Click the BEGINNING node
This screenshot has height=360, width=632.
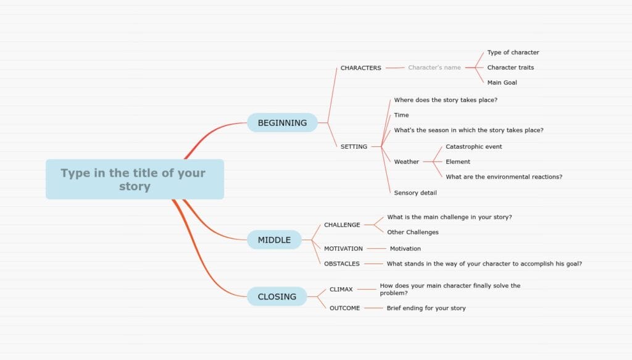coord(282,122)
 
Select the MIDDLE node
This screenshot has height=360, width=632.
coord(274,240)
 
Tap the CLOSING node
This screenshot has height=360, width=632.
coord(277,297)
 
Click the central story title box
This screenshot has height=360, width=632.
coord(135,180)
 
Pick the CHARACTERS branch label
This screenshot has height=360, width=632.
coord(360,68)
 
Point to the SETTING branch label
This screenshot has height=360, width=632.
coord(354,147)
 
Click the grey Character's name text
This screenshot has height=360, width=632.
coord(434,67)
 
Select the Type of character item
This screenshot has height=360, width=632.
coord(513,52)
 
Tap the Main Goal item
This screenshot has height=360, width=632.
coord(502,83)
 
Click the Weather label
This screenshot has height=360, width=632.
coord(406,162)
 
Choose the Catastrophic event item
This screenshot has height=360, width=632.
coord(473,147)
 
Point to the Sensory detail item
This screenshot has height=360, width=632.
coord(415,193)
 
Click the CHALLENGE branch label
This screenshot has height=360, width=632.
coord(342,225)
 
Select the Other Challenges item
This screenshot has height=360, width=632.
coord(413,232)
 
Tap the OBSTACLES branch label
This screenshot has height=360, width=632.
coord(342,264)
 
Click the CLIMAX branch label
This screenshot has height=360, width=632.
coord(341,289)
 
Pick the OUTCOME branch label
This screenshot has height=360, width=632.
coord(344,308)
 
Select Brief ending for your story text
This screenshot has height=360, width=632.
coord(426,308)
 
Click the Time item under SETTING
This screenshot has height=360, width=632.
coord(401,115)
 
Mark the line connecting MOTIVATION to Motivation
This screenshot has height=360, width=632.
coord(376,248)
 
